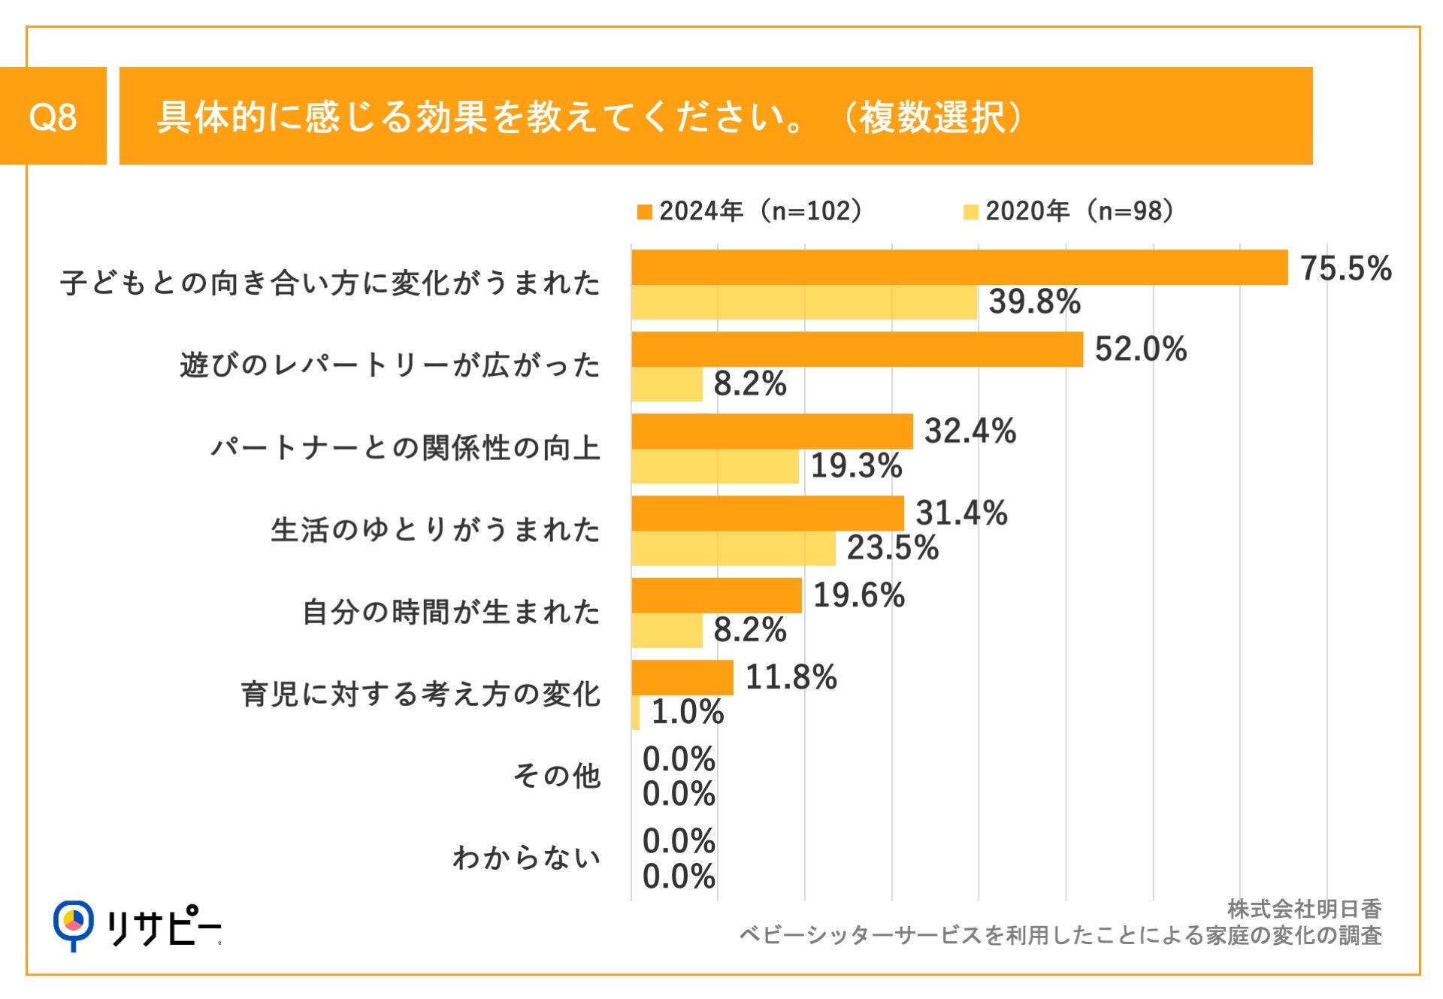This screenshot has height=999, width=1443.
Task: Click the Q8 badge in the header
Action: tap(53, 116)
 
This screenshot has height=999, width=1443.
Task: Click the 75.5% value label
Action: tap(1345, 268)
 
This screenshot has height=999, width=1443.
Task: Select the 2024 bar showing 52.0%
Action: tap(857, 350)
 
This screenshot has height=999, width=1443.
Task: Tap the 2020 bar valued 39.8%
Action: tap(804, 302)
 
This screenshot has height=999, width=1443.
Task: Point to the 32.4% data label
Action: tap(970, 431)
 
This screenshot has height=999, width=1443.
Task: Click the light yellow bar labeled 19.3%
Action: tap(715, 466)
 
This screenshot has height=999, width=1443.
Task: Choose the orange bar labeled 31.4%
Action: tap(767, 513)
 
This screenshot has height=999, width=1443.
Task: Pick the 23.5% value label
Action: tap(892, 548)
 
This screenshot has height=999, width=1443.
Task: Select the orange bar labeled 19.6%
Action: tap(716, 595)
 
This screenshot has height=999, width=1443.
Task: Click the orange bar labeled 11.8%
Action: tap(682, 677)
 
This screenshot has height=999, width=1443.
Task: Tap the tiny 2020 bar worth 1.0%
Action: tap(636, 712)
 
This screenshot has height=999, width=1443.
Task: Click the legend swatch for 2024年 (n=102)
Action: tap(644, 212)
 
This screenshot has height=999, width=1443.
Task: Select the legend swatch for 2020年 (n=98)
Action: tap(970, 212)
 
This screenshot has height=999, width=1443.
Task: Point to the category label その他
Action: tap(556, 776)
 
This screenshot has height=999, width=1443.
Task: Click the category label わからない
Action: tap(526, 858)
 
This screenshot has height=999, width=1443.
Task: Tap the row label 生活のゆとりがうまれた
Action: tap(435, 530)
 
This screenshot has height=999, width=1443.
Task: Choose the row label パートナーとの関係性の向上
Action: tap(405, 448)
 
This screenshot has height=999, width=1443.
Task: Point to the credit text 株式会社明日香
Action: tap(1304, 910)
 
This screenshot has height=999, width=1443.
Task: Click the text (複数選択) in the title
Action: tap(933, 117)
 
